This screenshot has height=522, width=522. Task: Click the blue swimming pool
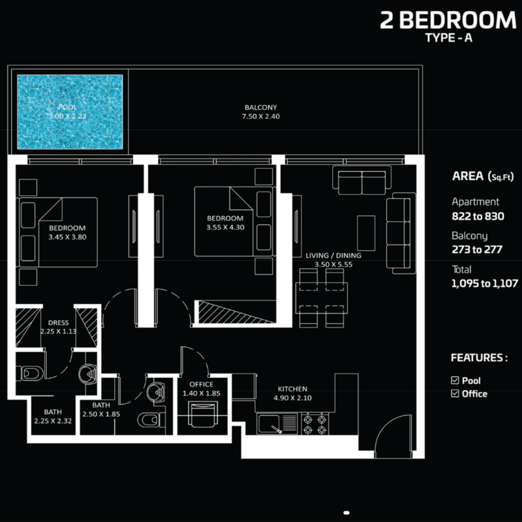pyautogui.click(x=70, y=112)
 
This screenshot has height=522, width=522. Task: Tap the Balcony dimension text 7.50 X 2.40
pyautogui.click(x=260, y=117)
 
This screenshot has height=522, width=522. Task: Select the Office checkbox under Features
pyautogui.click(x=455, y=393)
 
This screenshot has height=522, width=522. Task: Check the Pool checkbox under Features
pyautogui.click(x=455, y=380)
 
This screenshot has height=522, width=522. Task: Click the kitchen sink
pyautogui.click(x=277, y=423)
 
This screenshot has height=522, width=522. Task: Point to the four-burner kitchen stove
pyautogui.click(x=315, y=423)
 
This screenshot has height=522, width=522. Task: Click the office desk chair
pyautogui.click(x=203, y=414)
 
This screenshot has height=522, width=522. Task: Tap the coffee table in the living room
pyautogui.click(x=366, y=233)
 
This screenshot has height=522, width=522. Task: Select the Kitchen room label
pyautogui.click(x=292, y=389)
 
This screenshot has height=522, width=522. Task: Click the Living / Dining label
pyautogui.click(x=333, y=255)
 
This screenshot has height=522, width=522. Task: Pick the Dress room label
pyautogui.click(x=58, y=322)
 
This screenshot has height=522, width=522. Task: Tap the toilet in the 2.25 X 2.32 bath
pyautogui.click(x=30, y=373)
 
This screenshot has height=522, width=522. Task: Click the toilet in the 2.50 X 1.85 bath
pyautogui.click(x=151, y=420)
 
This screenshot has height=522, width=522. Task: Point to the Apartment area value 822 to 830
pyautogui.click(x=478, y=217)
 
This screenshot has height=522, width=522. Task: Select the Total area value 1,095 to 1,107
pyautogui.click(x=485, y=283)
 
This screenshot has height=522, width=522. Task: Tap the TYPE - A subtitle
pyautogui.click(x=449, y=38)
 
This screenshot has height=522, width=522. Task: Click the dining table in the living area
pyautogui.click(x=322, y=298)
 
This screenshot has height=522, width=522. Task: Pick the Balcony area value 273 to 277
pyautogui.click(x=477, y=249)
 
